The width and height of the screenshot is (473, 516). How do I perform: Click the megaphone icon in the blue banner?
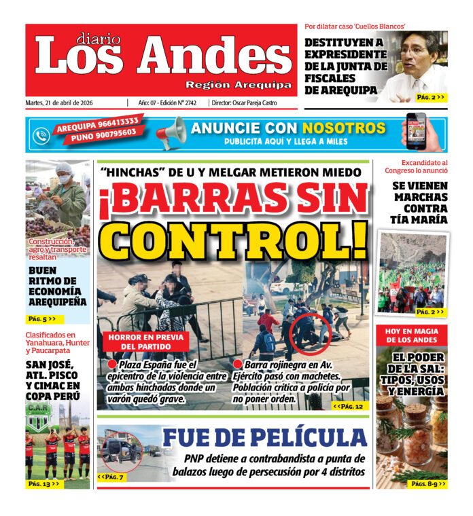pyautogui.click(x=171, y=132)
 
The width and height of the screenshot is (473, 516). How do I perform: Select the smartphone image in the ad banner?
pyautogui.click(x=416, y=131)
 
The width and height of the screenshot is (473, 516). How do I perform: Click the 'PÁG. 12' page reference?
pyautogui.click(x=350, y=405)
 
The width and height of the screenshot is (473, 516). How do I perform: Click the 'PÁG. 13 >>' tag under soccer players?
pyautogui.click(x=44, y=483)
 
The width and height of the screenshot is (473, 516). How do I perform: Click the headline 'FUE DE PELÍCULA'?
pyautogui.click(x=264, y=438)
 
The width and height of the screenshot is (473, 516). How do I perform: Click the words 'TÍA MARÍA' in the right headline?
pyautogui.click(x=419, y=219)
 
